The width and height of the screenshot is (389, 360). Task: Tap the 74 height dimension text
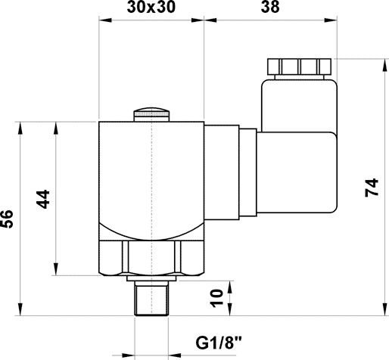click(370, 188)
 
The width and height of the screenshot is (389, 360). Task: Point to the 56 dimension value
click(7, 219)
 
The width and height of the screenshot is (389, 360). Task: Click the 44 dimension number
click(43, 199)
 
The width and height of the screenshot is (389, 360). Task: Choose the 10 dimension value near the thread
click(218, 298)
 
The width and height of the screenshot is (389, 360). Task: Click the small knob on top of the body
click(152, 115)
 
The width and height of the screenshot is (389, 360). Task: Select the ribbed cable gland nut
click(299, 64)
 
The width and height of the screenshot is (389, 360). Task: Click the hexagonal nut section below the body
click(152, 258)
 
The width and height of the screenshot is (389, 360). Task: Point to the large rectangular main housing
click(152, 174)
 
